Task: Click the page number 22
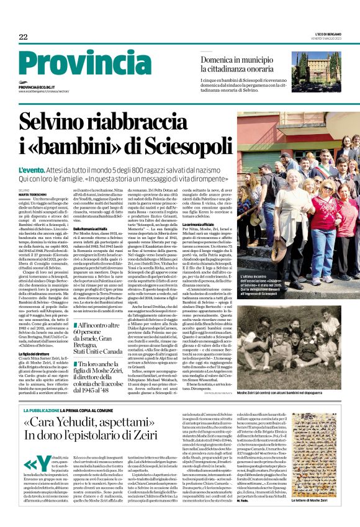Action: coord(23,37)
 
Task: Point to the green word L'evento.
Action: coord(36,169)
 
